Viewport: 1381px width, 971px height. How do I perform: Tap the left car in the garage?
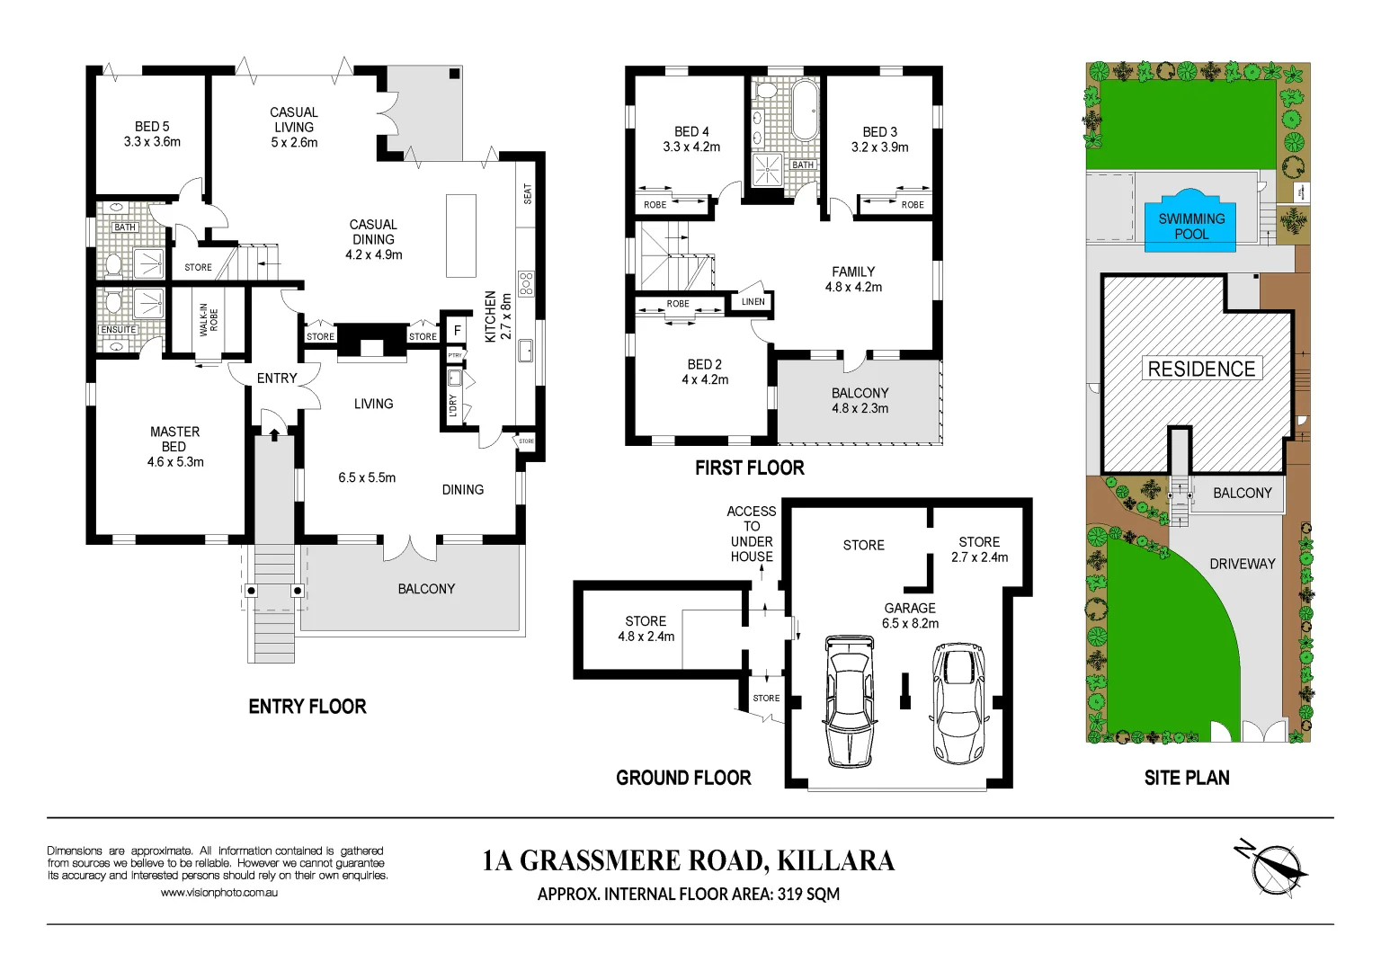pos(850,701)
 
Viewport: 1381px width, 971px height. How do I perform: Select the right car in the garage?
pos(958,702)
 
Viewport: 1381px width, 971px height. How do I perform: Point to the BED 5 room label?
pos(152,127)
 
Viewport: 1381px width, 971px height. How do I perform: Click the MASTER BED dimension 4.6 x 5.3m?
pos(175,462)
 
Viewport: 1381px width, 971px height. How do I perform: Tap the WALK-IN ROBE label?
pos(209,320)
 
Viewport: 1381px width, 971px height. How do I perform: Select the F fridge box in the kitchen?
pos(457,331)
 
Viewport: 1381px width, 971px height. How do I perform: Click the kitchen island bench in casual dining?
pos(461,236)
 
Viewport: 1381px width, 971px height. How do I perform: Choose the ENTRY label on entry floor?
pos(277,379)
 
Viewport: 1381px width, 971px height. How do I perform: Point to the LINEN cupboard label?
pos(753,302)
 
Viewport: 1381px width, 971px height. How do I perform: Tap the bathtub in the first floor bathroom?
pos(805,111)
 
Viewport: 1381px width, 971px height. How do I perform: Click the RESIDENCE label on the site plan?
pos(1201,369)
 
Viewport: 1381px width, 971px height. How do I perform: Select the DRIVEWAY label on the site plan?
pos(1242,564)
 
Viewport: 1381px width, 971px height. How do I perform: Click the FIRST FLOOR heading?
pos(749,468)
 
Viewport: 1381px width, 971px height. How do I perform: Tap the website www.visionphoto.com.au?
pos(219,893)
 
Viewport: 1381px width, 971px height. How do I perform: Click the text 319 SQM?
pos(808,894)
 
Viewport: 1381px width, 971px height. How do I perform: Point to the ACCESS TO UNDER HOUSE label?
pos(752,533)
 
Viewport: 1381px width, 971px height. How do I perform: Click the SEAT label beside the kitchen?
pos(528,193)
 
